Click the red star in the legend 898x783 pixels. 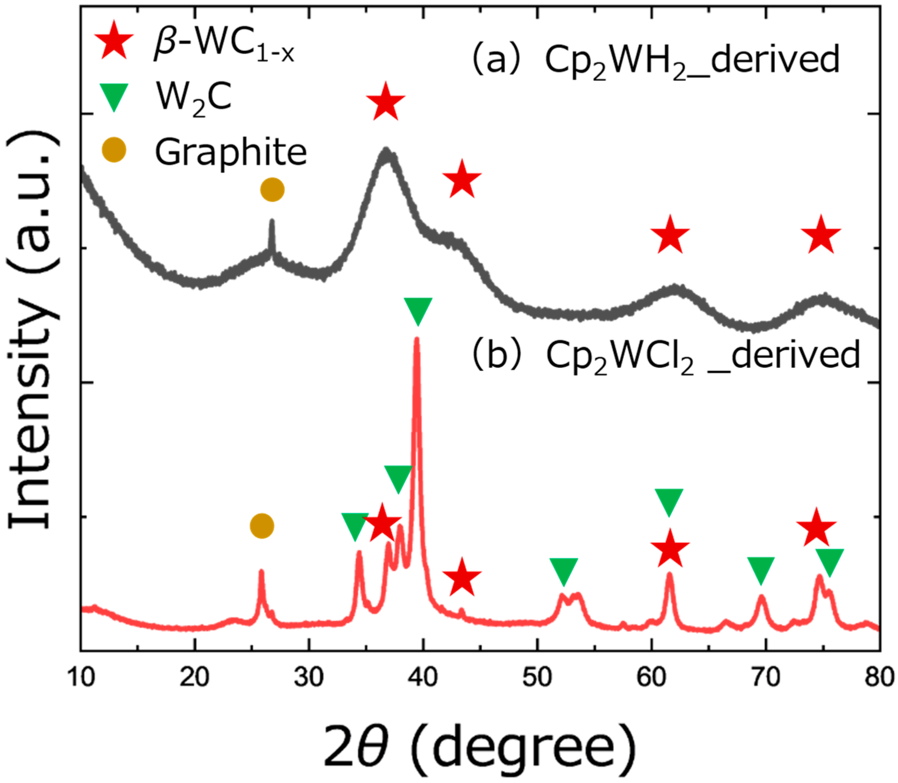click(113, 40)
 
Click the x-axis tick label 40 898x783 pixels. click(423, 679)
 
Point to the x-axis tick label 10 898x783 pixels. click(81, 679)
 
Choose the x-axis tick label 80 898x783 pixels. click(879, 679)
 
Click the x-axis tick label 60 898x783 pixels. click(651, 679)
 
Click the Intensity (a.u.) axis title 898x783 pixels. click(33, 332)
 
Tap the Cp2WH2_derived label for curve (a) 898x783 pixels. click(692, 61)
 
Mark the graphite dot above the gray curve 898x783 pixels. click(272, 190)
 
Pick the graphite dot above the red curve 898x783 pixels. click(262, 526)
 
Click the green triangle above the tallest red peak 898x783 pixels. click(418, 310)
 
